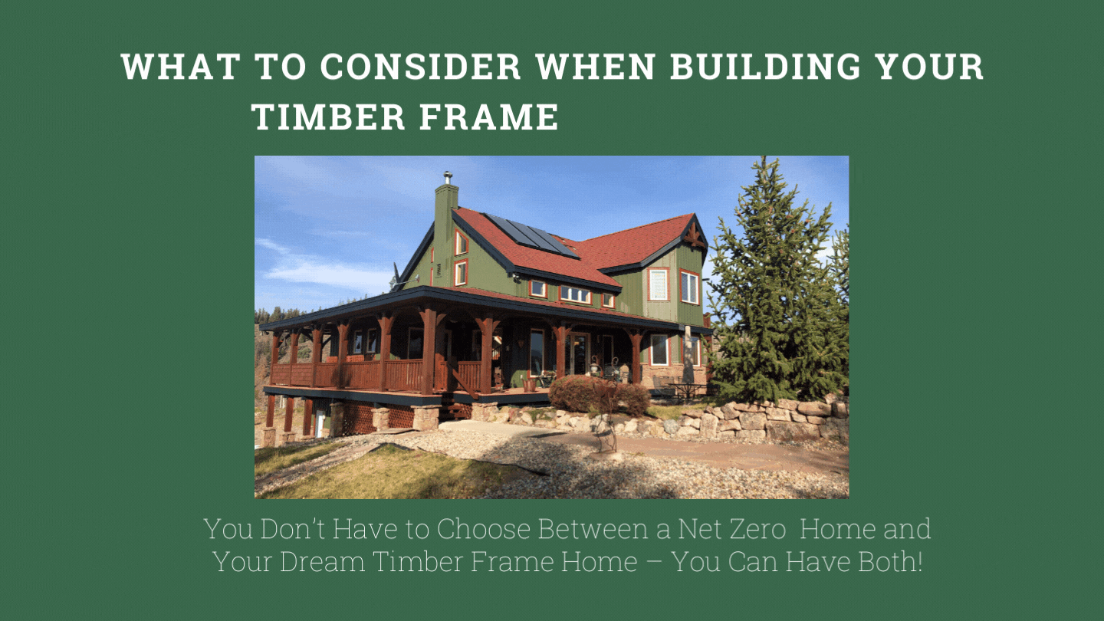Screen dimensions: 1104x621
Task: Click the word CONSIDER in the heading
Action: pyautogui.click(x=420, y=67)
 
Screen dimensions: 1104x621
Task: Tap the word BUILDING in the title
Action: pyautogui.click(x=765, y=67)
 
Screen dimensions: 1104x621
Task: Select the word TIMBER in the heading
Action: pyautogui.click(x=328, y=117)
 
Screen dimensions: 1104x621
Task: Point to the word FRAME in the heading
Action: pyautogui.click(x=489, y=117)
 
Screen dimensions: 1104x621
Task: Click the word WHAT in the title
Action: pyautogui.click(x=181, y=67)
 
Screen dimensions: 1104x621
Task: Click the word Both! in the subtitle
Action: pyautogui.click(x=890, y=561)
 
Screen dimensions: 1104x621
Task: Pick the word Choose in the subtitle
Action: pyautogui.click(x=484, y=529)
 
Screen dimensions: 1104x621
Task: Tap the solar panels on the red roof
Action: pyautogui.click(x=531, y=235)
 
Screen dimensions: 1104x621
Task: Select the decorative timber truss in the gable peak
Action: pyautogui.click(x=695, y=235)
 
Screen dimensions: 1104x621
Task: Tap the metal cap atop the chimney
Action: pyautogui.click(x=448, y=177)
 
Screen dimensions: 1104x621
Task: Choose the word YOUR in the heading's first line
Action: pyautogui.click(x=931, y=67)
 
